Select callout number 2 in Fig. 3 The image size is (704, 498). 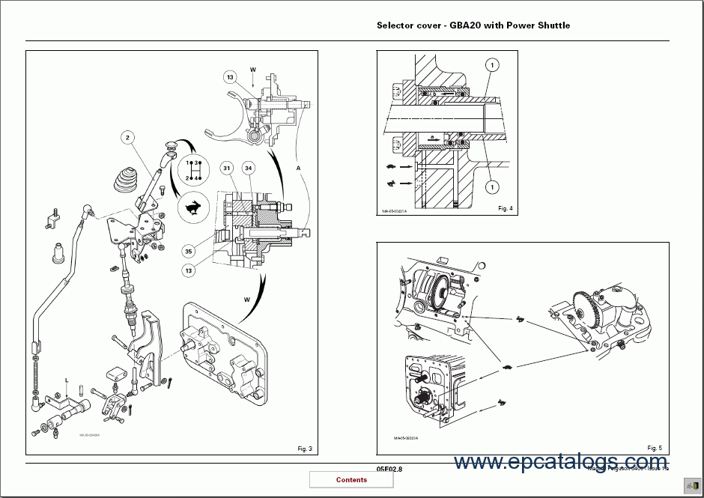pos(129,137)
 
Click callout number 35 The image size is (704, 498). pos(189,252)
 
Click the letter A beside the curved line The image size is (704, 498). pos(298,168)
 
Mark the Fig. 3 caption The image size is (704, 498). pos(304,449)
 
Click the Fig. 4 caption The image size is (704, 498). pos(505,208)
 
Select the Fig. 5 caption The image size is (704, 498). pos(655,448)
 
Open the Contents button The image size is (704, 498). pos(351,480)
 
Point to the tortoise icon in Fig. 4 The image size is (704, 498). pos(392,167)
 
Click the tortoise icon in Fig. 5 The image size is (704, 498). pos(508,368)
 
